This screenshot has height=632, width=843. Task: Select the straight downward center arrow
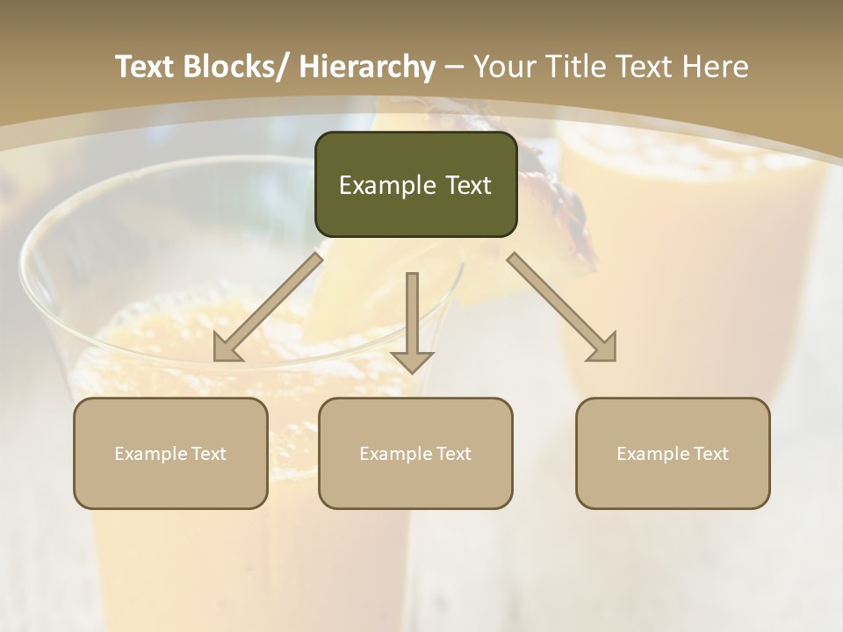(412, 320)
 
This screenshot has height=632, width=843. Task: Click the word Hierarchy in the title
(367, 67)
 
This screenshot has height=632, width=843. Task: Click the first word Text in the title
(147, 67)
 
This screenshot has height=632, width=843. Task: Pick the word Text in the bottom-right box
(710, 454)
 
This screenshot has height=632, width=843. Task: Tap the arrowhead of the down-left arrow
(227, 348)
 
